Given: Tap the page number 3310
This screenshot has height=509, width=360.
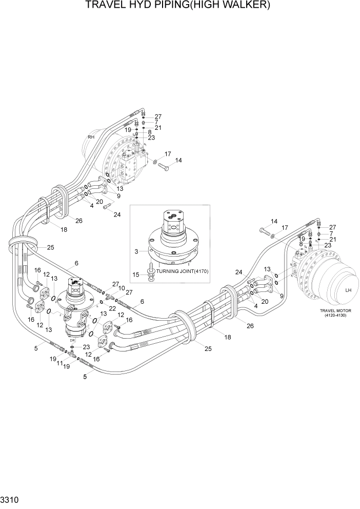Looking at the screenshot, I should click(x=11, y=498).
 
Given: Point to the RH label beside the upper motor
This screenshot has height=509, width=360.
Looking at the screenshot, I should click(x=91, y=137).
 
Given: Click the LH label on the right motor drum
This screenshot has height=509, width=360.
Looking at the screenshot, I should click(x=348, y=290).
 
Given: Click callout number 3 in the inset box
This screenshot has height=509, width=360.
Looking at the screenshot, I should click(x=136, y=251).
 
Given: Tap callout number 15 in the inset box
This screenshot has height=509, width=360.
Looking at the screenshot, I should click(x=136, y=275).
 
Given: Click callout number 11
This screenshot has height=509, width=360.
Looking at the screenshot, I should click(x=59, y=363).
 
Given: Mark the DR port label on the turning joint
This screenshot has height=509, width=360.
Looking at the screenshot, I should click(x=73, y=340).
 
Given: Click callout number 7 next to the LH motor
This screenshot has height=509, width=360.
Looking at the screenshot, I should click(x=332, y=233).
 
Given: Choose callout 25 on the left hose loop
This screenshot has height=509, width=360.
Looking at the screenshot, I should click(x=50, y=247).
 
